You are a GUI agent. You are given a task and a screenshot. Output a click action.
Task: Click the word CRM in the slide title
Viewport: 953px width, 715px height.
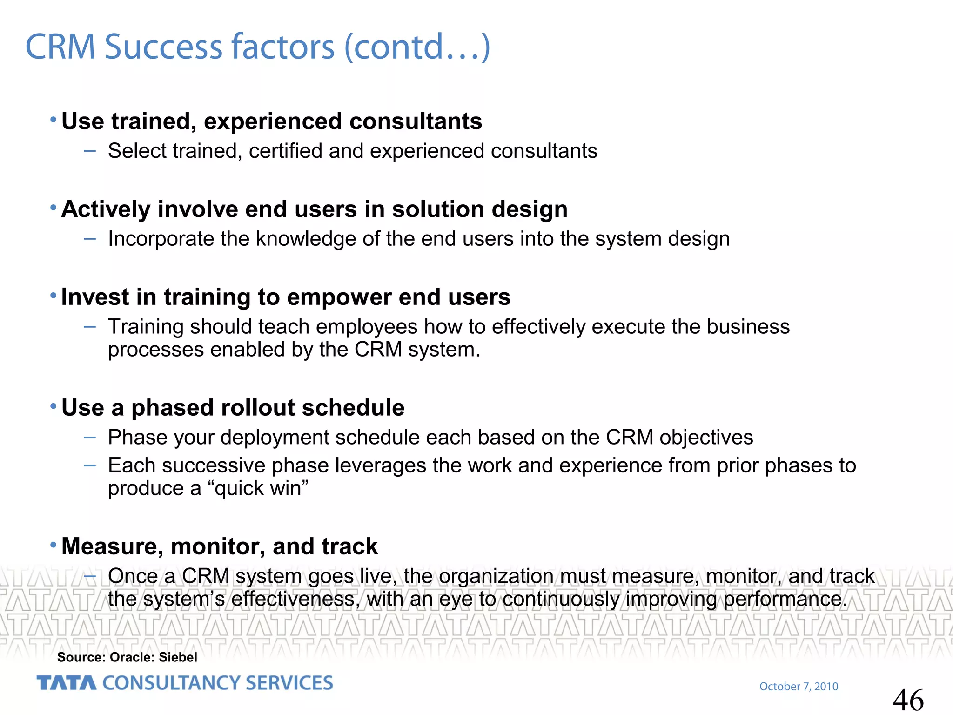[x=60, y=47]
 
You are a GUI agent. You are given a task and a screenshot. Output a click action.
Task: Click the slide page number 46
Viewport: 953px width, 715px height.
[x=908, y=700]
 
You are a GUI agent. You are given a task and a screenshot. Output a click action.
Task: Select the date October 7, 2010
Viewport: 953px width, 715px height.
[x=799, y=687]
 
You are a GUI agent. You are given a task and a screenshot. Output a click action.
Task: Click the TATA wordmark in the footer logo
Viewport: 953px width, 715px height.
[x=67, y=683]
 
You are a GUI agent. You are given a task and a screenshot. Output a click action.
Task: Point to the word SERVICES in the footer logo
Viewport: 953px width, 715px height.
[x=289, y=683]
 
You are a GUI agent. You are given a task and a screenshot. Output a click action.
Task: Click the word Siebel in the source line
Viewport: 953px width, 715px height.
[x=178, y=657]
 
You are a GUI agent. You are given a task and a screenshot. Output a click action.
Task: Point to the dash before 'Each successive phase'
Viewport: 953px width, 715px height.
[x=90, y=465]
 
